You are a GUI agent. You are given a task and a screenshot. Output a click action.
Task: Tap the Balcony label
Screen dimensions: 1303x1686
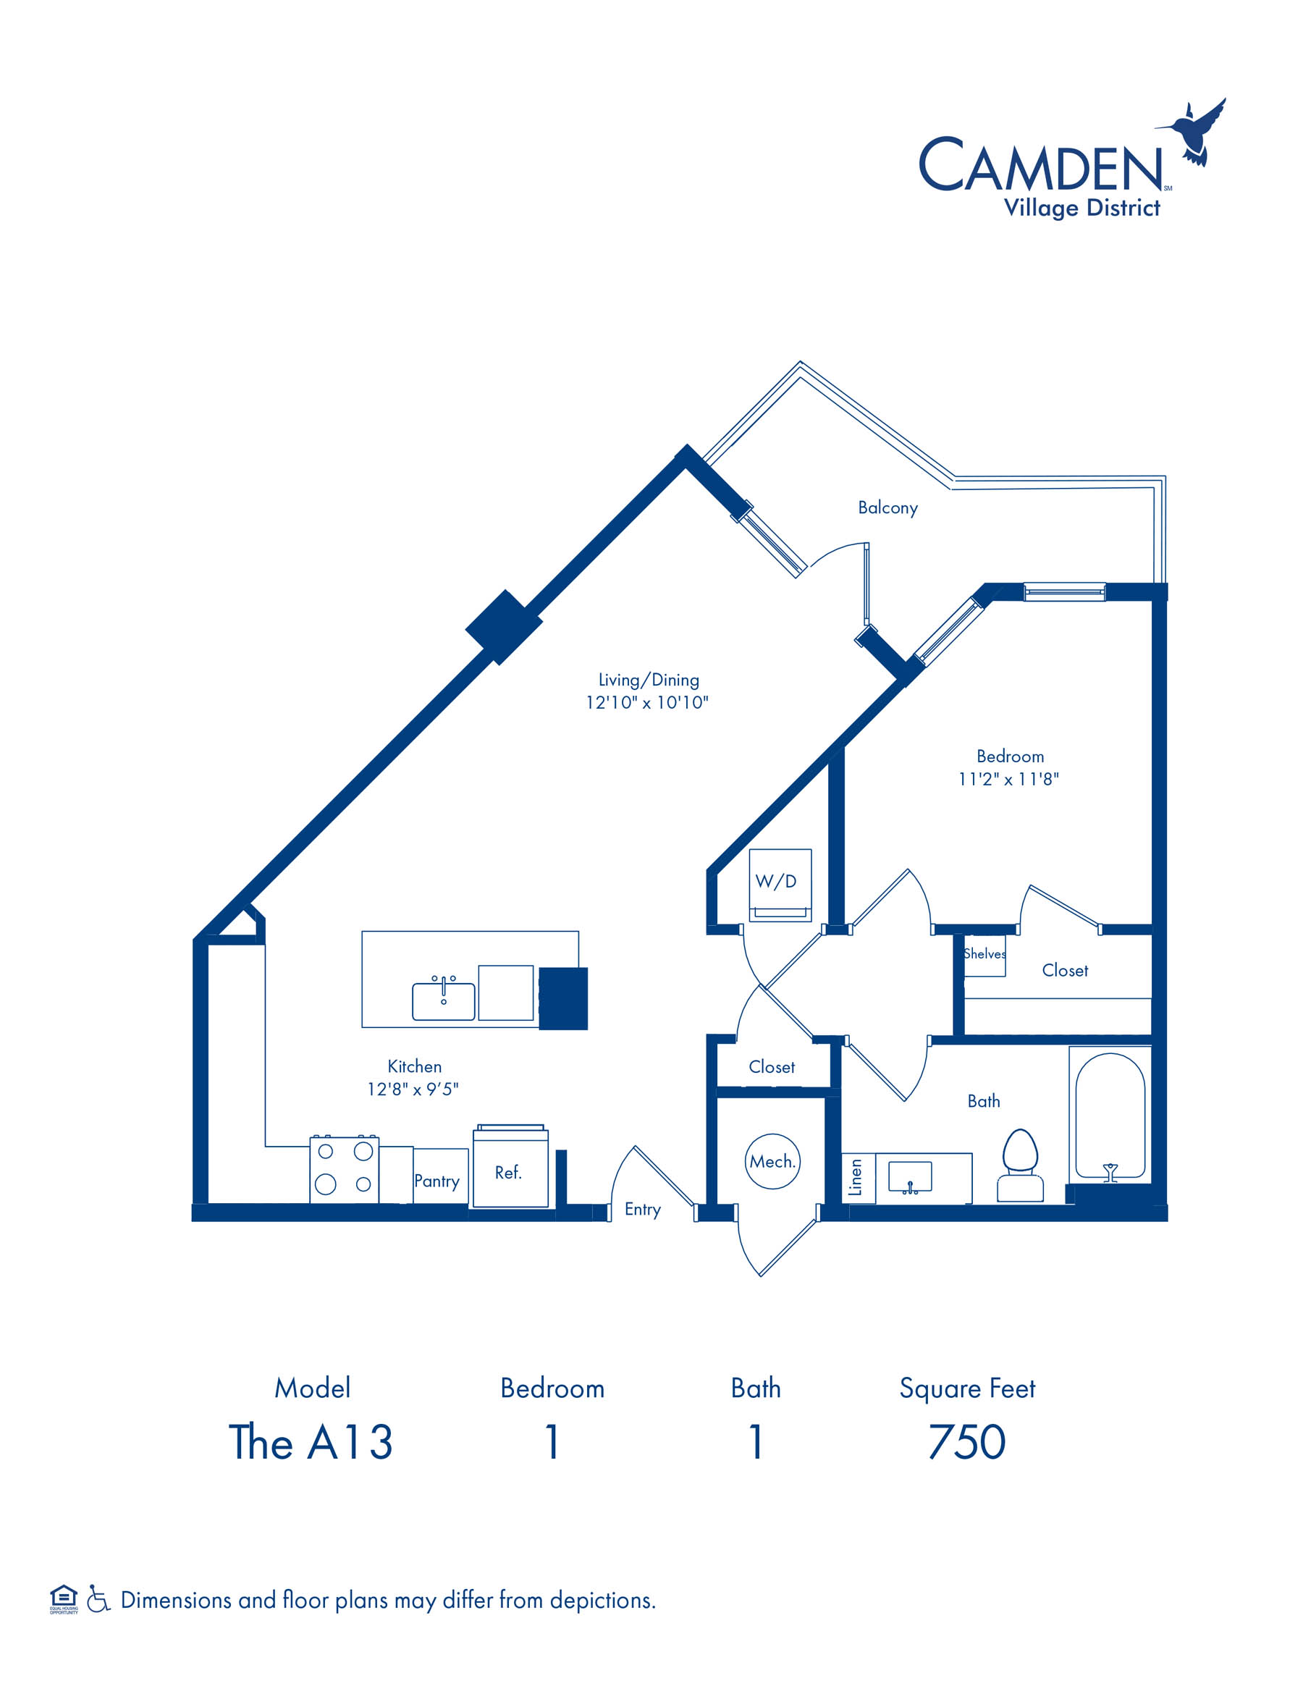(x=887, y=508)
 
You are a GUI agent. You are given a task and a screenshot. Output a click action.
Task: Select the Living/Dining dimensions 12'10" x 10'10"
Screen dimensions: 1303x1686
(x=647, y=702)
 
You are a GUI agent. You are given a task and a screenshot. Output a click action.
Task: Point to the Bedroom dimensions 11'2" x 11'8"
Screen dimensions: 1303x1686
(x=1009, y=779)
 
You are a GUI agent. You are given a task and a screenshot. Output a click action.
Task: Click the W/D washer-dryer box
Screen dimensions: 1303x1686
(x=780, y=885)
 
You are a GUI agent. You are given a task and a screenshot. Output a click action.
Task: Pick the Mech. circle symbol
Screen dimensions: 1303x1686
(x=772, y=1161)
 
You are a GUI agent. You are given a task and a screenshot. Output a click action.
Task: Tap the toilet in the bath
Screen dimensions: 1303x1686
(x=1020, y=1165)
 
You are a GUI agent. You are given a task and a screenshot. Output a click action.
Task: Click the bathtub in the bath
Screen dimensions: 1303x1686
(x=1110, y=1116)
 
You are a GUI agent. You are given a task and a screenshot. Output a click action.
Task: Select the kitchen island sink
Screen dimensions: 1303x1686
(x=443, y=1000)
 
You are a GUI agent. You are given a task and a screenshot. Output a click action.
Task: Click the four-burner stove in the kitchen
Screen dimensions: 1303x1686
(x=345, y=1170)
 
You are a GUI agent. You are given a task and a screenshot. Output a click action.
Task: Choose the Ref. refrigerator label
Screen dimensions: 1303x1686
(x=508, y=1173)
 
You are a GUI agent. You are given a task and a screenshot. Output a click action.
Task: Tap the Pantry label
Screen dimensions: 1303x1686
(x=437, y=1181)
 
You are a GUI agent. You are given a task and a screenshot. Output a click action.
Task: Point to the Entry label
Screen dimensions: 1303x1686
(x=642, y=1210)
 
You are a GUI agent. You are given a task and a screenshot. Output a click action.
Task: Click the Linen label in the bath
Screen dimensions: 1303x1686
(x=856, y=1177)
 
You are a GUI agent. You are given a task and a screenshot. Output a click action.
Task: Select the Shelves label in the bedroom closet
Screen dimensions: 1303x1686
(x=984, y=953)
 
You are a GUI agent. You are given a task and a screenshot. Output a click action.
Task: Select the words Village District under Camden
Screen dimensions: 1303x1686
(x=1081, y=208)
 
